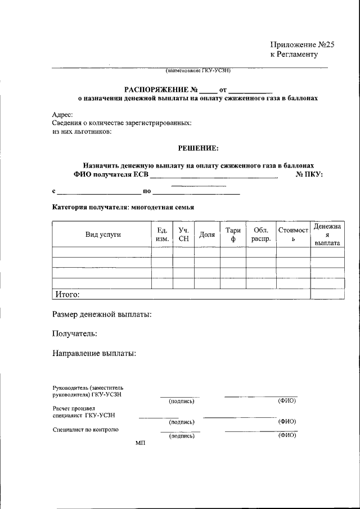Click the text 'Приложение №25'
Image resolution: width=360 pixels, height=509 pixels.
point(302,44)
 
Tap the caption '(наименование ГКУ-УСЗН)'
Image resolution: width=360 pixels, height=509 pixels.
point(198,71)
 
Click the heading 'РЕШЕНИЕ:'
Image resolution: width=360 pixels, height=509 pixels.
point(198,148)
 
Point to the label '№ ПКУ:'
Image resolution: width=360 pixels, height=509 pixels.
point(309,175)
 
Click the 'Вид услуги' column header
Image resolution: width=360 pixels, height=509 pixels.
point(103,235)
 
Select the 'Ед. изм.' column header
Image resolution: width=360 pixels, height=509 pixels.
point(162,235)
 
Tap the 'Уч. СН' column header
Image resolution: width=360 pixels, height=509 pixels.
point(183,235)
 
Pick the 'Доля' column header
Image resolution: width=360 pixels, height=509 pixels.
point(207,235)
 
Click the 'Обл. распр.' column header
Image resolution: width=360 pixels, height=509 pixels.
point(262,235)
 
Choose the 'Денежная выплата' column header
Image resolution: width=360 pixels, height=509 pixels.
point(327,235)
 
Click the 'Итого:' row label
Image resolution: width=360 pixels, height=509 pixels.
point(66,294)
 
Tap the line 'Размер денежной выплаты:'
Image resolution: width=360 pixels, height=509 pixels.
point(102,314)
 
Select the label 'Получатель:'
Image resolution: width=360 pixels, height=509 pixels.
point(74,334)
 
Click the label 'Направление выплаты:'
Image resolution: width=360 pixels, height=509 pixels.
point(94,354)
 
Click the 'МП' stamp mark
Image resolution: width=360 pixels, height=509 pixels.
point(140,444)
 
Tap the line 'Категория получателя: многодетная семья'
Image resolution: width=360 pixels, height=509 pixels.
point(123,207)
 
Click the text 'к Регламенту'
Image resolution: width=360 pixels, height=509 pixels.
point(294,55)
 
